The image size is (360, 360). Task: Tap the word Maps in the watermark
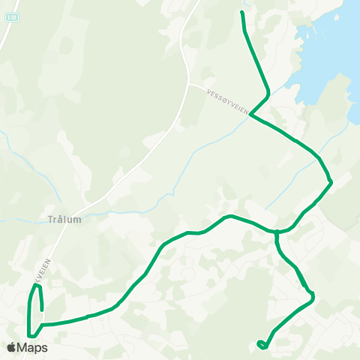[33, 347]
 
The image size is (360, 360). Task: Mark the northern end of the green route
[241, 13]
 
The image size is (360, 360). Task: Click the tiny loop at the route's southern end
[261, 345]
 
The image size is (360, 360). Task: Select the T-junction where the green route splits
[277, 232]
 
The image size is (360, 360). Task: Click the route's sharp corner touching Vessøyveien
[250, 115]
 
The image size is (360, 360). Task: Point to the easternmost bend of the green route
[331, 181]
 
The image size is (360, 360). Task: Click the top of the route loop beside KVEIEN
[35, 286]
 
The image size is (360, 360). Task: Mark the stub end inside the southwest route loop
[42, 308]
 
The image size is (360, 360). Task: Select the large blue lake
[330, 52]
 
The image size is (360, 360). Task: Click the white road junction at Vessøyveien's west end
[190, 84]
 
